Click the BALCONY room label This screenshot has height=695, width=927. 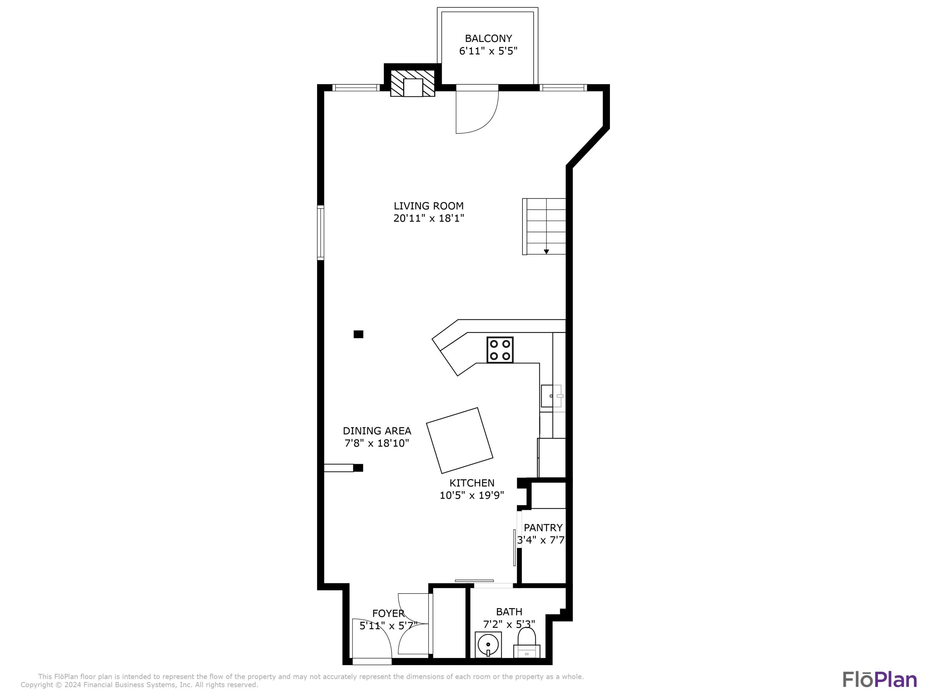coord(488,39)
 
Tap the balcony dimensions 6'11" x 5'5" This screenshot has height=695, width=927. coord(488,51)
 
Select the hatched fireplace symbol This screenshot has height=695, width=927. coord(413,83)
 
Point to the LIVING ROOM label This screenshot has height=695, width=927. coord(428,206)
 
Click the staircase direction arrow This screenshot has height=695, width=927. coord(546,251)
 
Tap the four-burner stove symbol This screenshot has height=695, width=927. coord(500,349)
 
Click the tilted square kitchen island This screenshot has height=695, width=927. coord(459,440)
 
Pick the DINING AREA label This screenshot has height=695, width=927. coord(377,431)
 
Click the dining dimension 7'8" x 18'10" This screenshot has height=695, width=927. coord(377,443)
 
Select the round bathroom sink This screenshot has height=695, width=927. coord(488,645)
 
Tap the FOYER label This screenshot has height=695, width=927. coord(388,613)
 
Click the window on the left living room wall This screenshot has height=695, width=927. coord(321,233)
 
